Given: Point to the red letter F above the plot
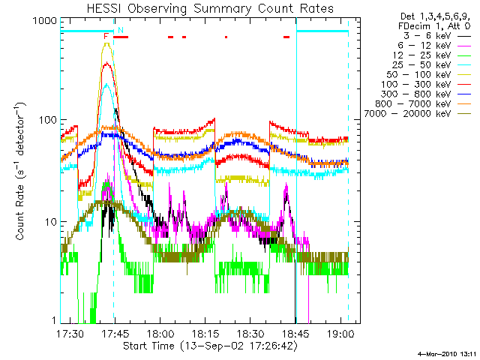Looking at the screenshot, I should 106,35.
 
